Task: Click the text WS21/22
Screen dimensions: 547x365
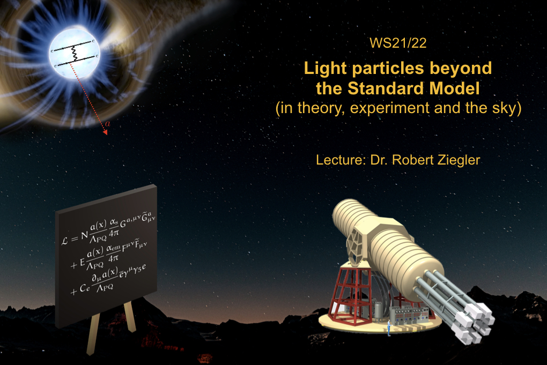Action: [x=398, y=43]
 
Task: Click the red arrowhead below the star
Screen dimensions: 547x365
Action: [x=105, y=132]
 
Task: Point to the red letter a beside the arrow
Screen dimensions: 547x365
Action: [x=107, y=123]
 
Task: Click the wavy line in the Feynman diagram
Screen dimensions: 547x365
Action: [x=74, y=54]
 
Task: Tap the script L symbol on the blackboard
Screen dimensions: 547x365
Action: [x=65, y=241]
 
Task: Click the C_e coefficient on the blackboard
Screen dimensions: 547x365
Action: [x=85, y=288]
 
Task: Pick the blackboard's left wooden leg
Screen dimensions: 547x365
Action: [x=92, y=333]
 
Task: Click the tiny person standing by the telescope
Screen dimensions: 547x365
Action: [x=389, y=329]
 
